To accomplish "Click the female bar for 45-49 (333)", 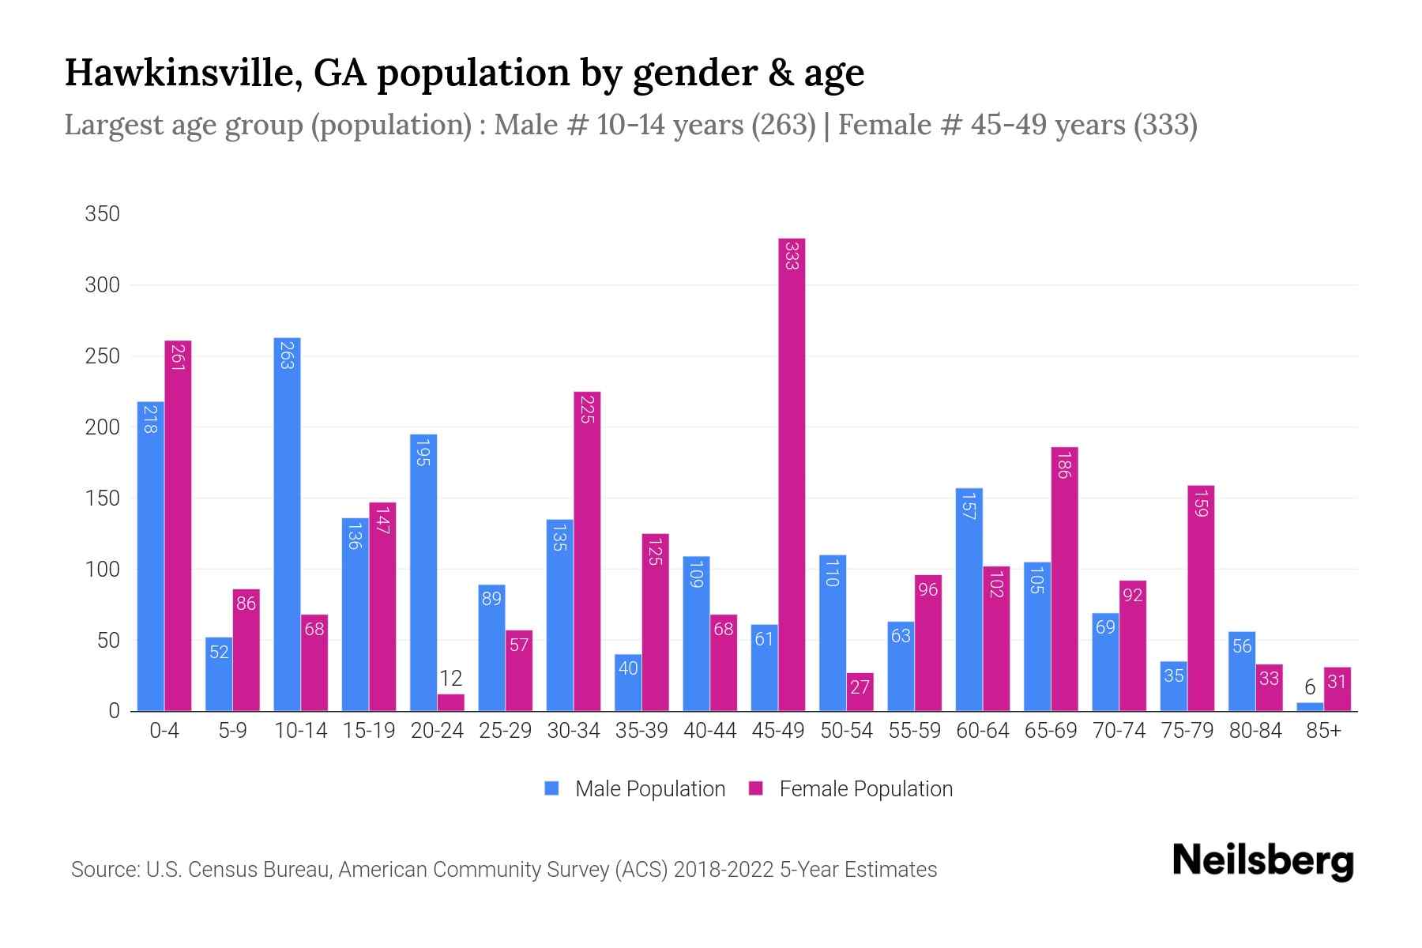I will click(792, 474).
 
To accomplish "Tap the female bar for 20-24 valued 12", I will click(450, 702).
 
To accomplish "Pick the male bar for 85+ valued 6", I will click(1309, 707).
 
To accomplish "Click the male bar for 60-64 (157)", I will click(969, 600).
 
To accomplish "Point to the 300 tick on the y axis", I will click(103, 285).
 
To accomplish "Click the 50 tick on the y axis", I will click(108, 641).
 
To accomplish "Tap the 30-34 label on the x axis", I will click(574, 731).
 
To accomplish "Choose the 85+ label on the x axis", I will click(1323, 731).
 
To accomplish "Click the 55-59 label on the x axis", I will click(914, 731).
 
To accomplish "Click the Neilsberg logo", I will click(1262, 861).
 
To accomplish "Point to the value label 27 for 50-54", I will click(860, 687).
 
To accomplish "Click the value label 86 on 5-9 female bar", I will click(246, 604).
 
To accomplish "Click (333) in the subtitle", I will click(1164, 125).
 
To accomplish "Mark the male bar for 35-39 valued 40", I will click(628, 683).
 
